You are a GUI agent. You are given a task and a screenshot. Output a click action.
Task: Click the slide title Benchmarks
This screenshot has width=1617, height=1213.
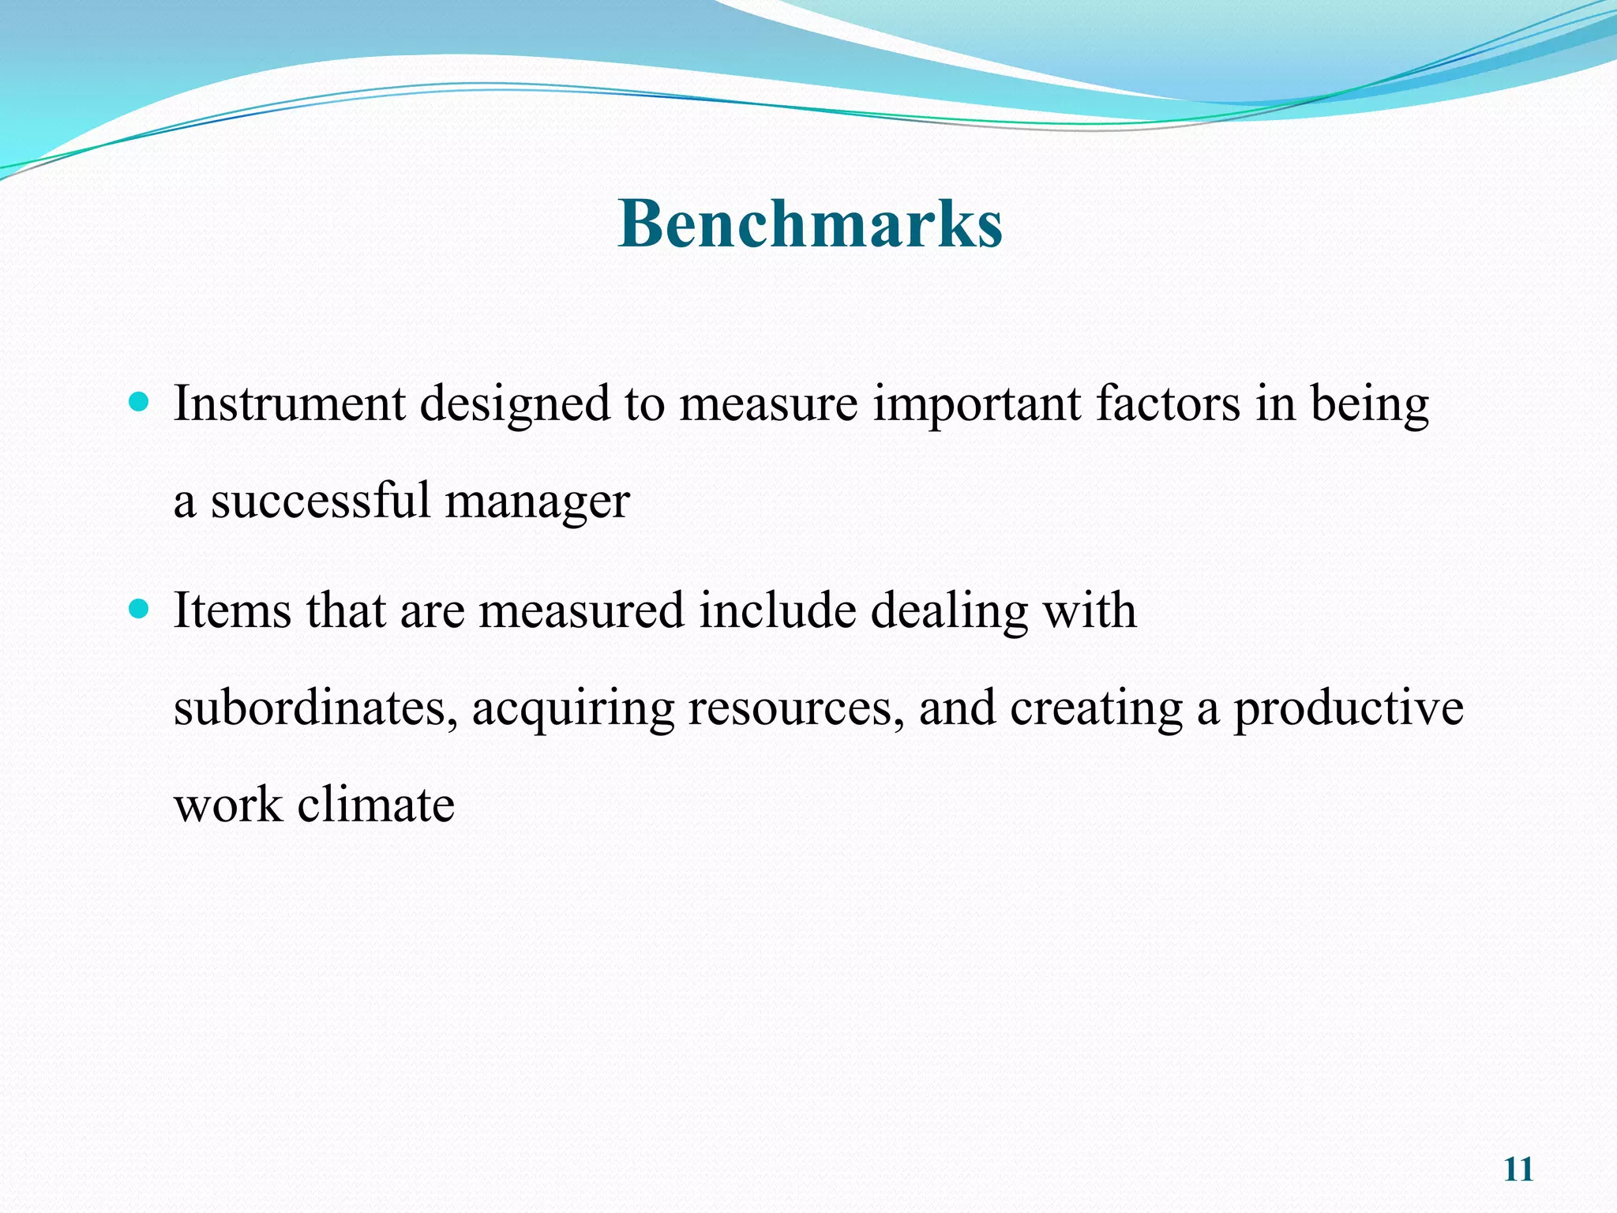810,223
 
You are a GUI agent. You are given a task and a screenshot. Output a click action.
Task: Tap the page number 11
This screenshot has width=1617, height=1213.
1518,1170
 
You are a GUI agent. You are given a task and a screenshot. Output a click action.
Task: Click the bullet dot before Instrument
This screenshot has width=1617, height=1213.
138,404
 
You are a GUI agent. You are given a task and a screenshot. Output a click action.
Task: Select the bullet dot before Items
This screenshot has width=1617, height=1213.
138,610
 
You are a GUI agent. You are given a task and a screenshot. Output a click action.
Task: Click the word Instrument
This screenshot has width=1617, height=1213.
289,404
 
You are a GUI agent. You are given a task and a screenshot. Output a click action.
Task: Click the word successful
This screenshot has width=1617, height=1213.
320,501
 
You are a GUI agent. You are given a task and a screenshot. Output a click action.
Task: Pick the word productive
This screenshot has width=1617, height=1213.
1348,709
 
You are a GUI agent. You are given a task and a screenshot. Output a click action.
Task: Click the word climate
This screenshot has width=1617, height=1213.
376,806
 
